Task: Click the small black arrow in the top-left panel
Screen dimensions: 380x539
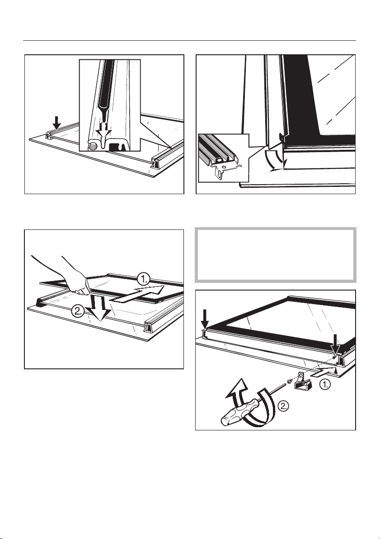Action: coord(57,123)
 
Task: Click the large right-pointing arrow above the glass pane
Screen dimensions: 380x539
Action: coord(137,294)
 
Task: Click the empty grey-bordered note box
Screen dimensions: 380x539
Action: coord(276,255)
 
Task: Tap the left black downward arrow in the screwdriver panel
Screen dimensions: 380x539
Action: coord(205,319)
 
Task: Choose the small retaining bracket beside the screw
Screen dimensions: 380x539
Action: coord(302,381)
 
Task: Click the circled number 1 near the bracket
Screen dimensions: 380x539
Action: coord(325,385)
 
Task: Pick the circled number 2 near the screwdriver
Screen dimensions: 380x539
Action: coord(283,407)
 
